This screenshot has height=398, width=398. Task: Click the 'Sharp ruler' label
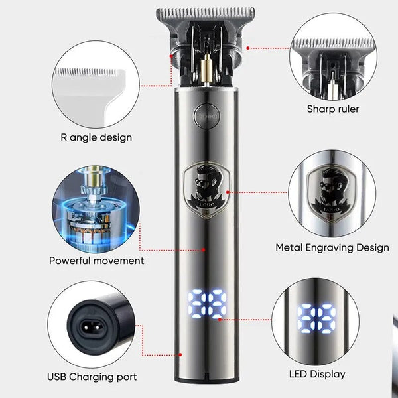(x=332, y=109)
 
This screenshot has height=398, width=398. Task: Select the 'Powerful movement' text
(x=96, y=261)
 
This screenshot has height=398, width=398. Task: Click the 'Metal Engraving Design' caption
(x=332, y=247)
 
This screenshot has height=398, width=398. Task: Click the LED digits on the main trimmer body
(x=206, y=304)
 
